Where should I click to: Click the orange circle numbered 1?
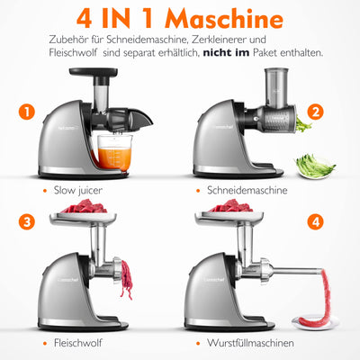coord(27,112)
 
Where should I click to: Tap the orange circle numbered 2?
coord(315,112)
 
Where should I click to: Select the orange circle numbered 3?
coord(27,222)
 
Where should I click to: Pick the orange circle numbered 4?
coord(315,222)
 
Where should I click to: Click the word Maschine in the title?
coord(224,19)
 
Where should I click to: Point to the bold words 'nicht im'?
coord(226,53)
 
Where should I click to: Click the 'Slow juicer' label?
coord(78,190)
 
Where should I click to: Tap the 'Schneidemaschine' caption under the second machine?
coord(247,190)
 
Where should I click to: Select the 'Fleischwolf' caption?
coord(78,343)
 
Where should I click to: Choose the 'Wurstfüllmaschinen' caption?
coord(250,343)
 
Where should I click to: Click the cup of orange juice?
coord(115,152)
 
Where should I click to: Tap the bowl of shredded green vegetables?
coord(314,166)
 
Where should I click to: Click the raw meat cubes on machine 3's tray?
coord(84,206)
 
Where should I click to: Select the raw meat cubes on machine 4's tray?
coord(230,206)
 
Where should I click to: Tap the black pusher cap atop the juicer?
coord(94,72)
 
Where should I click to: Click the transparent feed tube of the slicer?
coord(276,88)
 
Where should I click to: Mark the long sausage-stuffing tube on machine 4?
coord(297,271)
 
